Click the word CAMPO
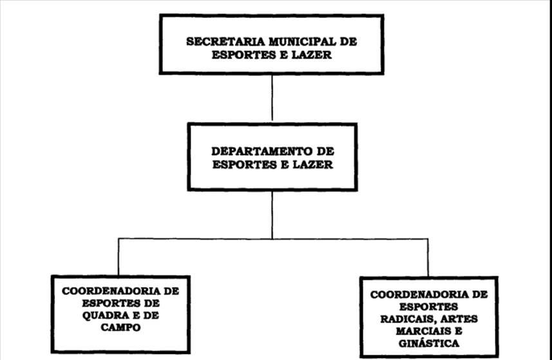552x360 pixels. coord(121,327)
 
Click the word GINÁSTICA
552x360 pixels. coord(428,343)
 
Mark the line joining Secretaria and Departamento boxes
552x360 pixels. coord(272,97)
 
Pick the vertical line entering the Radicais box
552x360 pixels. coord(427,258)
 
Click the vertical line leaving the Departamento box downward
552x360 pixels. coord(272,214)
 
